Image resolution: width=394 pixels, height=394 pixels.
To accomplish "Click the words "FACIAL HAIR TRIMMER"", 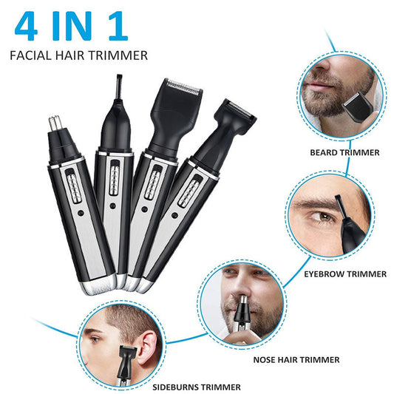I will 79,55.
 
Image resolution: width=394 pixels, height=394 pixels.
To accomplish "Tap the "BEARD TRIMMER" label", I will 344,152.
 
